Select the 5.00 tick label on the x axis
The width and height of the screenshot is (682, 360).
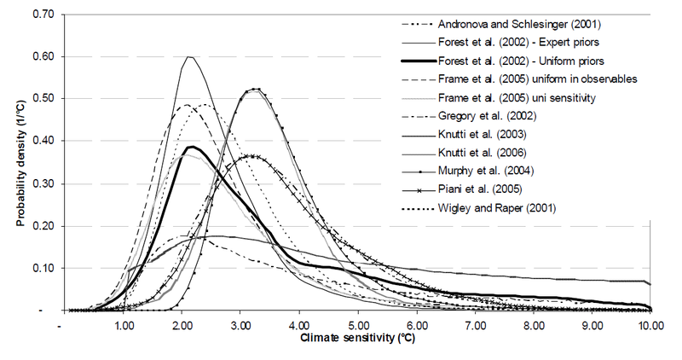tap(357, 326)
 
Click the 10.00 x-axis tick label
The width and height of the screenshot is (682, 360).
tap(650, 326)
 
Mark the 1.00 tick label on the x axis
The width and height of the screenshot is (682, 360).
tap(123, 326)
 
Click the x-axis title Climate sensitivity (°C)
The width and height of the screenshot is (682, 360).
tap(350, 340)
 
